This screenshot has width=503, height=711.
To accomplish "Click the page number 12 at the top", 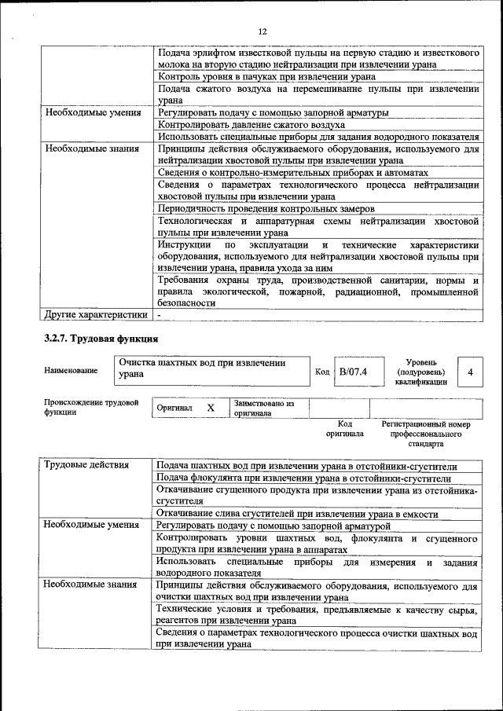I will [263, 31].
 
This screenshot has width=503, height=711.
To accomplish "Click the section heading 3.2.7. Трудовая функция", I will [101, 339].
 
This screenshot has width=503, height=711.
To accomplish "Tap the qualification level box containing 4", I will [469, 371].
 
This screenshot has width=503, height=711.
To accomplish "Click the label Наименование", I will [72, 370].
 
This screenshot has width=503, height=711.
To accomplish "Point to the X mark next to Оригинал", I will [210, 409].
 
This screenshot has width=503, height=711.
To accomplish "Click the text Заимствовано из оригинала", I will [263, 408].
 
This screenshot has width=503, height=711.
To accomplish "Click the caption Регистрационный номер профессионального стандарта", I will [425, 434].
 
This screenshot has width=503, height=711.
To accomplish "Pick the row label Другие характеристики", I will [96, 316].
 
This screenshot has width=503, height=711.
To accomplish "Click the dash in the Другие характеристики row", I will [160, 316].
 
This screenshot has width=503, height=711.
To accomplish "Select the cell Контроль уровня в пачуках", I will [266, 77].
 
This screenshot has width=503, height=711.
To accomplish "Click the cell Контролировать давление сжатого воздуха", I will [251, 124].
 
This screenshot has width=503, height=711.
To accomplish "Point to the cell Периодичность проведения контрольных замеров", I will [266, 208].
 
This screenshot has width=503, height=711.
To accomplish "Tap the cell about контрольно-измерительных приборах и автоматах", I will [293, 172].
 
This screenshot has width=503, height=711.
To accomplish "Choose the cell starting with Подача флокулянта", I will [303, 478].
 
